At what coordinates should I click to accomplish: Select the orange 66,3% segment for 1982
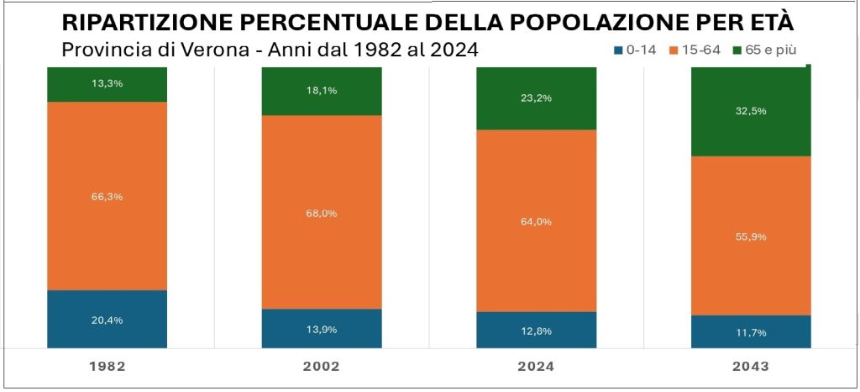point(107,196)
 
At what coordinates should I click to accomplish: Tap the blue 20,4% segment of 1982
point(107,320)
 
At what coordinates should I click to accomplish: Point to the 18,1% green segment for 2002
point(322,90)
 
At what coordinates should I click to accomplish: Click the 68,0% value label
point(322,214)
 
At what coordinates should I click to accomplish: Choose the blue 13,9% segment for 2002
point(322,329)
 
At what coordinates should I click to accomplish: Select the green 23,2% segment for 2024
point(536,98)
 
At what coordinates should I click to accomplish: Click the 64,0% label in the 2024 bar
point(536,222)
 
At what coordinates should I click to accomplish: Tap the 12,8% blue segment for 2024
point(536,331)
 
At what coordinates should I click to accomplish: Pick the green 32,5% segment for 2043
point(751,111)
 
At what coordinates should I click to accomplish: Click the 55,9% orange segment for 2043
point(751,236)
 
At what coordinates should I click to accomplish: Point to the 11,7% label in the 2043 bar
point(751,333)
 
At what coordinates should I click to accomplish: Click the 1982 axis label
point(107,367)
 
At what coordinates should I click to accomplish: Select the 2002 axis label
point(322,367)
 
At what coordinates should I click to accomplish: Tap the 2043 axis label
point(751,367)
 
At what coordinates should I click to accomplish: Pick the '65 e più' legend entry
point(767,50)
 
